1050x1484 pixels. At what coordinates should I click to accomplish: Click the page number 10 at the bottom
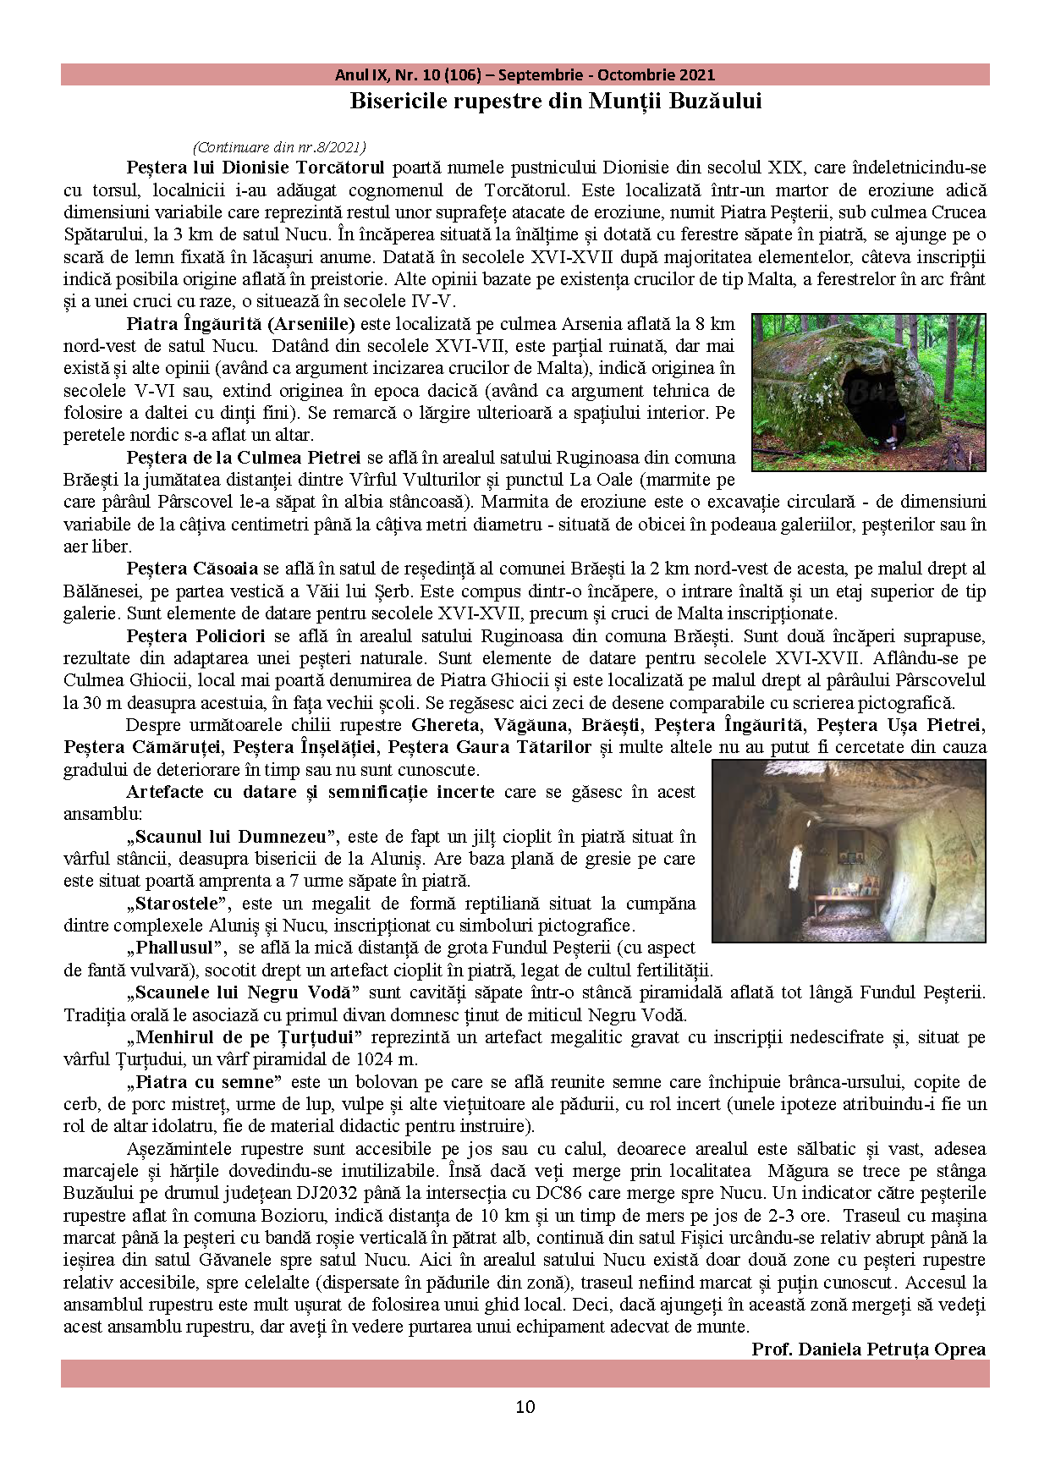pos(525,1406)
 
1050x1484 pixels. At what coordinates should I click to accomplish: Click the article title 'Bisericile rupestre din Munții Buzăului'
pos(556,102)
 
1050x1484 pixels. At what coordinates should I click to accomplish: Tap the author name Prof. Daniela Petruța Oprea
pos(868,1349)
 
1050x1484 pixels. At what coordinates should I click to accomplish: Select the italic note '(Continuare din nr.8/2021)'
pos(279,147)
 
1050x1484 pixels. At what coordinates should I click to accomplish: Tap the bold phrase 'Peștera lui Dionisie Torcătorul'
pos(255,168)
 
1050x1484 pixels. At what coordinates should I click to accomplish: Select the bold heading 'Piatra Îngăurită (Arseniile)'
pos(240,323)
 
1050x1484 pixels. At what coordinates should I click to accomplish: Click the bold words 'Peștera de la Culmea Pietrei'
pos(244,458)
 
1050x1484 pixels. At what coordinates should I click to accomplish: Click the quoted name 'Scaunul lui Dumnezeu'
pos(232,837)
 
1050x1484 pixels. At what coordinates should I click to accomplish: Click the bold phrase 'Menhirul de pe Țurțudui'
pos(244,1037)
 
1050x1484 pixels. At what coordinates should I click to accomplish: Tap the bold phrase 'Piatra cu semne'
pos(204,1082)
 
